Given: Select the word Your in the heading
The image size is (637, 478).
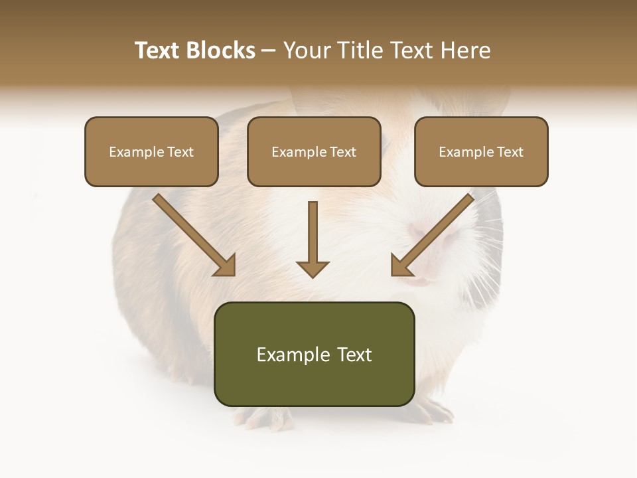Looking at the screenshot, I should pos(306,50).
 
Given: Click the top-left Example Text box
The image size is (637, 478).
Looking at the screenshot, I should pos(151,152).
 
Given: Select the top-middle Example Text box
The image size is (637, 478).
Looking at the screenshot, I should pos(314,152).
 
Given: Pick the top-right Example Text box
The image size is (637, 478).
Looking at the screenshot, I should pos(481,152).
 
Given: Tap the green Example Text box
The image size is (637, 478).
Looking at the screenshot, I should pos(315,355).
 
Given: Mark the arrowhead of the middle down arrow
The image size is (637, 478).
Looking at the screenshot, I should pos(313,268).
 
